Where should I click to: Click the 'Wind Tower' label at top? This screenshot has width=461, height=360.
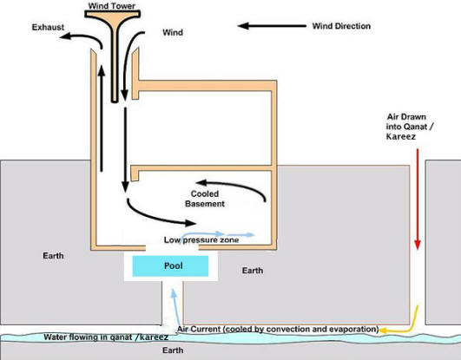110,6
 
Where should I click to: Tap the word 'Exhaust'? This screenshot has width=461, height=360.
48,27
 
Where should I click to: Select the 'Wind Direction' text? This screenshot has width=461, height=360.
341,26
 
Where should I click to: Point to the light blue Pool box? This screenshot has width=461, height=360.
170,267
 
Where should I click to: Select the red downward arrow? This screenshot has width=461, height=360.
418,200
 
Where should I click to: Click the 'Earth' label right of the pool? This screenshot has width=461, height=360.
252,271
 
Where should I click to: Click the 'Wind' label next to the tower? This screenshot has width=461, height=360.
173,33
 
